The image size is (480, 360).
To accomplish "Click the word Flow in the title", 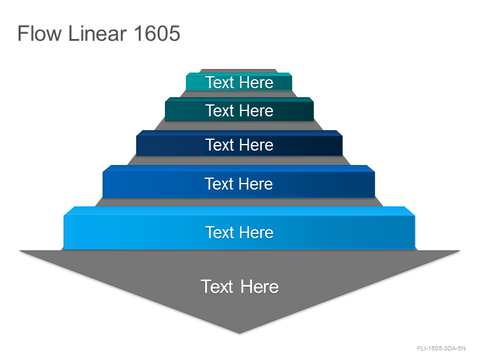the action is [40, 33].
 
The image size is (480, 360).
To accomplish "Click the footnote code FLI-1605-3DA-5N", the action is [441, 349].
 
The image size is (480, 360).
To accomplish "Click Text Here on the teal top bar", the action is [239, 83].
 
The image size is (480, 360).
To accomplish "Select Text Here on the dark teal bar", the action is [239, 110].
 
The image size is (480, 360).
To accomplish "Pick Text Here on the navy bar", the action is [239, 145].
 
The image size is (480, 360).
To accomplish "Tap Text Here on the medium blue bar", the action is [239, 184].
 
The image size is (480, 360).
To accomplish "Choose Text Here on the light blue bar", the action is [239, 232].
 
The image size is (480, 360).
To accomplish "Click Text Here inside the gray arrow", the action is [239, 287].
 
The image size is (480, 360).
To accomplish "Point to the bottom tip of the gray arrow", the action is [239, 334].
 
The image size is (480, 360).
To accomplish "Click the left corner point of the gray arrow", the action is [20, 251].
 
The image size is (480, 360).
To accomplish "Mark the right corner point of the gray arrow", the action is [460, 251].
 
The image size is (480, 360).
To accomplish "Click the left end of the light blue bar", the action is [64, 232].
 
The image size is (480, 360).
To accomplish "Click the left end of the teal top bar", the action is [186, 83].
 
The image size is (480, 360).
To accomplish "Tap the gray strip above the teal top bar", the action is [239, 71].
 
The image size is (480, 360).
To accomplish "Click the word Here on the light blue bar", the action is [257, 232].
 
